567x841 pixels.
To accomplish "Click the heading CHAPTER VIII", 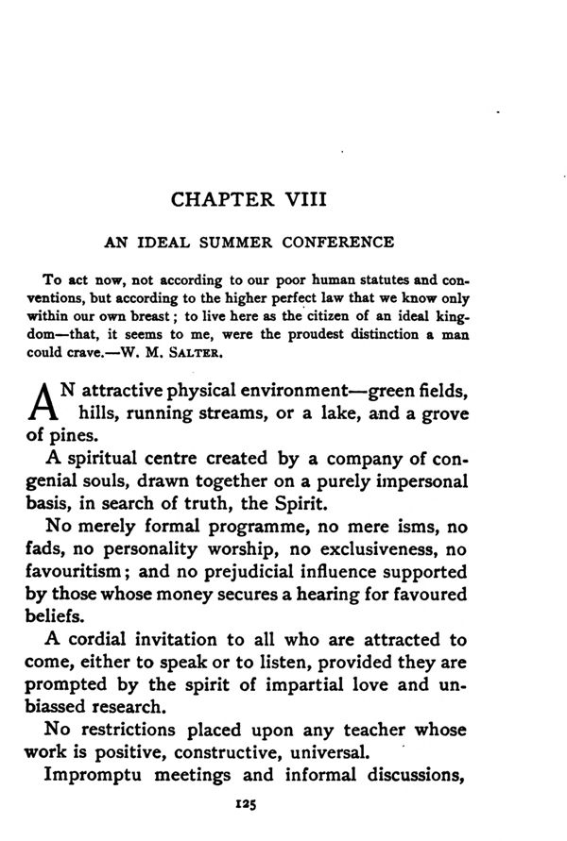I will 249,200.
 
